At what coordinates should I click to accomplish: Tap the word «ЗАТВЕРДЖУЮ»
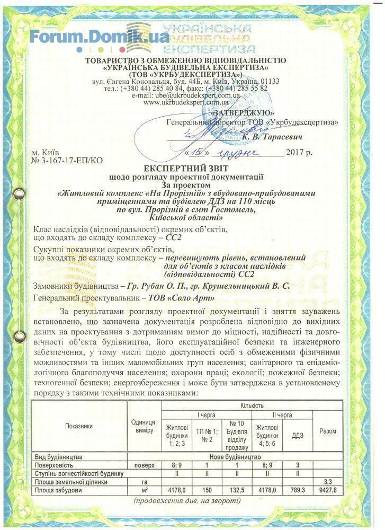[x=243, y=113]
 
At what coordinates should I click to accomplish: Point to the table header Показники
[x=79, y=426]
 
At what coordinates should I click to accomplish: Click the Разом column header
[x=328, y=431]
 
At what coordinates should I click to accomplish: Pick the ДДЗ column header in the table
[x=297, y=435]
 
